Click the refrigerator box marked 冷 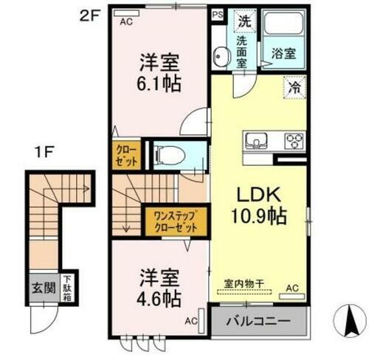coord(294,87)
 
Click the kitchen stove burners coord(294,141)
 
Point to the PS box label coord(218,13)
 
